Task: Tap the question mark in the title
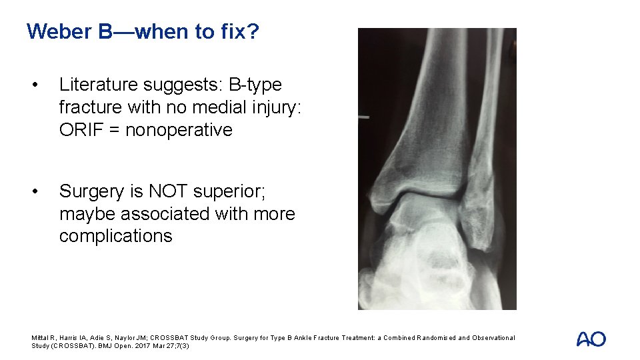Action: (x=253, y=31)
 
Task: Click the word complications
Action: (x=115, y=236)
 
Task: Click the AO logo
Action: (x=591, y=339)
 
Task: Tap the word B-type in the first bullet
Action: (x=255, y=85)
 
